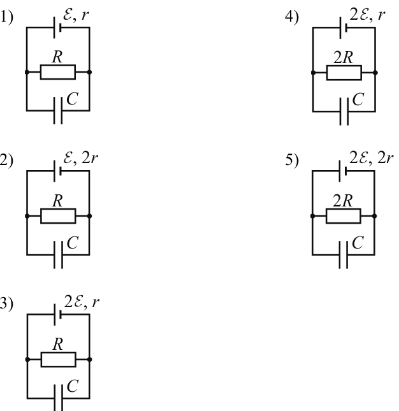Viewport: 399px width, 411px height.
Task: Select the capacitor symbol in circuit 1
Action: [x=58, y=111]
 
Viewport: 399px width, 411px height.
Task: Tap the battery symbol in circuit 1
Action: [x=57, y=27]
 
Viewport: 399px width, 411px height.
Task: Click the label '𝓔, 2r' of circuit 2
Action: [x=80, y=158]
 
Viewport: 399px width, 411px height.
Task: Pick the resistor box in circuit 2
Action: [x=58, y=216]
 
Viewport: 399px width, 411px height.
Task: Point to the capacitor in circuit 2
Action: [x=58, y=255]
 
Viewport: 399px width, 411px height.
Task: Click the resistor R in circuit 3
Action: [x=59, y=359]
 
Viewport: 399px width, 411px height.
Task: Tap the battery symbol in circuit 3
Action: [x=57, y=315]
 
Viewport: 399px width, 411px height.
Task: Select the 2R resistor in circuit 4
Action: [x=344, y=73]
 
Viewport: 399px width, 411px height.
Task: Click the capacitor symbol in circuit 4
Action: [x=344, y=112]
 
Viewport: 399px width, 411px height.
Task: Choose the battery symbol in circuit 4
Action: [x=344, y=27]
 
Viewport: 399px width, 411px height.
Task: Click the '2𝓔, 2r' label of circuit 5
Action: [x=371, y=158]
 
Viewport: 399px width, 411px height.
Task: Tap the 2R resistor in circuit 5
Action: [x=344, y=216]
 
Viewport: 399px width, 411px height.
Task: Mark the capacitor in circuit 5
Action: [x=344, y=255]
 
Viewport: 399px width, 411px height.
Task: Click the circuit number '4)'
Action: [x=292, y=17]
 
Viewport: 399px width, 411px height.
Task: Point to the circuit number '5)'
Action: [x=292, y=160]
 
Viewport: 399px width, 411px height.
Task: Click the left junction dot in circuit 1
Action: [x=27, y=72]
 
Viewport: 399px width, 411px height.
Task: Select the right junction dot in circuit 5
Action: [x=375, y=216]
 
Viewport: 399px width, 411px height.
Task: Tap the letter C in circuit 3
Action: [x=73, y=386]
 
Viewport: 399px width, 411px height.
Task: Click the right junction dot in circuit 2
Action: [x=89, y=216]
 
